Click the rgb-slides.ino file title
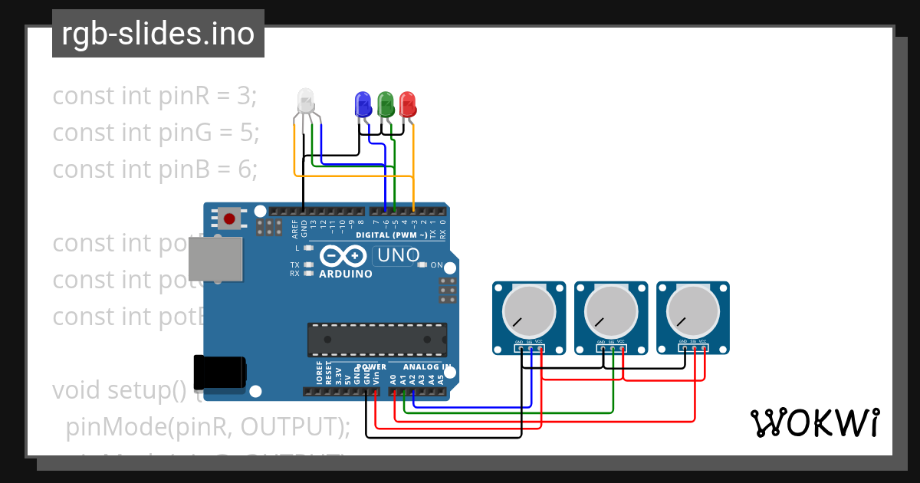click(x=158, y=34)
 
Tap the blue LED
click(x=363, y=103)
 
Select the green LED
click(x=386, y=103)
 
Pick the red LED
click(x=408, y=103)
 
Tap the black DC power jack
click(x=219, y=373)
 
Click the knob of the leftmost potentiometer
click(x=528, y=312)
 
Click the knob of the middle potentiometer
click(x=611, y=312)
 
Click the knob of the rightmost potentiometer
click(x=693, y=312)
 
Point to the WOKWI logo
click(x=814, y=423)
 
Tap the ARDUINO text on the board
click(x=345, y=274)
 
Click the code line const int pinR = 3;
click(x=154, y=96)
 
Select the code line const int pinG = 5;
click(x=156, y=133)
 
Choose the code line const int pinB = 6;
click(x=155, y=169)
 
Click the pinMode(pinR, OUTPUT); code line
click(x=208, y=426)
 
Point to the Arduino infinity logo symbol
click(x=344, y=255)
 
